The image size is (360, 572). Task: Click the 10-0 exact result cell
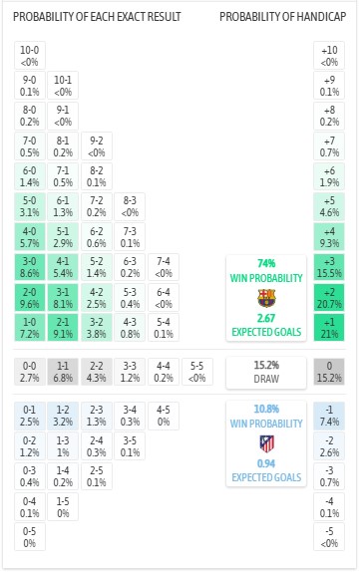pos(31,55)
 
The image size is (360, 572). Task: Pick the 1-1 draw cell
pos(63,373)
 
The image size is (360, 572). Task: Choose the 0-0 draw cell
pos(31,373)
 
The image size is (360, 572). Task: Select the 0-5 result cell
pos(31,537)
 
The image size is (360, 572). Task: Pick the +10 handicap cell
pos(325,55)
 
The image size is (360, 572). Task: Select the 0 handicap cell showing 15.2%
pos(325,373)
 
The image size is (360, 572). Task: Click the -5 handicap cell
pos(325,537)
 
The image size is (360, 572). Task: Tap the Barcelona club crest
pos(265,297)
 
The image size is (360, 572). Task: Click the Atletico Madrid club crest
pos(265,443)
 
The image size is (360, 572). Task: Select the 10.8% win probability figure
pos(265,409)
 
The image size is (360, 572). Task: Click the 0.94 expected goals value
pos(265,464)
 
